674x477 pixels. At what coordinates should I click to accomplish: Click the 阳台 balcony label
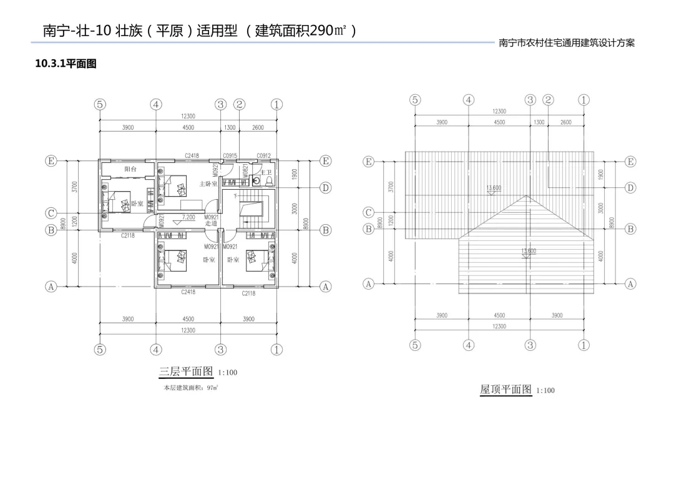click(x=130, y=169)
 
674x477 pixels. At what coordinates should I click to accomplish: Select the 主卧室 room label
click(x=208, y=184)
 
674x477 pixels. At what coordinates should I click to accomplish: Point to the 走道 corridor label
click(x=210, y=223)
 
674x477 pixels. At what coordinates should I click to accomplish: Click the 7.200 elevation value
click(x=188, y=217)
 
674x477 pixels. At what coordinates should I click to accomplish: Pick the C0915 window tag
click(x=230, y=155)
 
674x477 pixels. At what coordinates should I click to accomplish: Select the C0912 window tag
click(x=263, y=155)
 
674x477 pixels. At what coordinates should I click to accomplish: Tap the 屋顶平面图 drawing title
click(x=506, y=390)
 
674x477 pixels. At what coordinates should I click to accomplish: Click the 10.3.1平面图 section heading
click(x=66, y=64)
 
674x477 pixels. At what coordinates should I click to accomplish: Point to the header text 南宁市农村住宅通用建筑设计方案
click(x=567, y=44)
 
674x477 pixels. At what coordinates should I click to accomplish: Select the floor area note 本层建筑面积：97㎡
click(x=190, y=388)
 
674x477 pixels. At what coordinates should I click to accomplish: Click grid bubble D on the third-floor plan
click(x=325, y=187)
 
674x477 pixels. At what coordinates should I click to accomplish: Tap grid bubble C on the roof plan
click(x=369, y=212)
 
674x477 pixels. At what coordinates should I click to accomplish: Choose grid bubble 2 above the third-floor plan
click(x=239, y=104)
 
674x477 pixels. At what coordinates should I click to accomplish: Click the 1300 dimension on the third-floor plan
click(x=229, y=127)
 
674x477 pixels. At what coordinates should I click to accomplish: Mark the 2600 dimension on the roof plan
click(x=565, y=122)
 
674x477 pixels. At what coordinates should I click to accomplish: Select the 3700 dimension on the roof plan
click(x=391, y=187)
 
